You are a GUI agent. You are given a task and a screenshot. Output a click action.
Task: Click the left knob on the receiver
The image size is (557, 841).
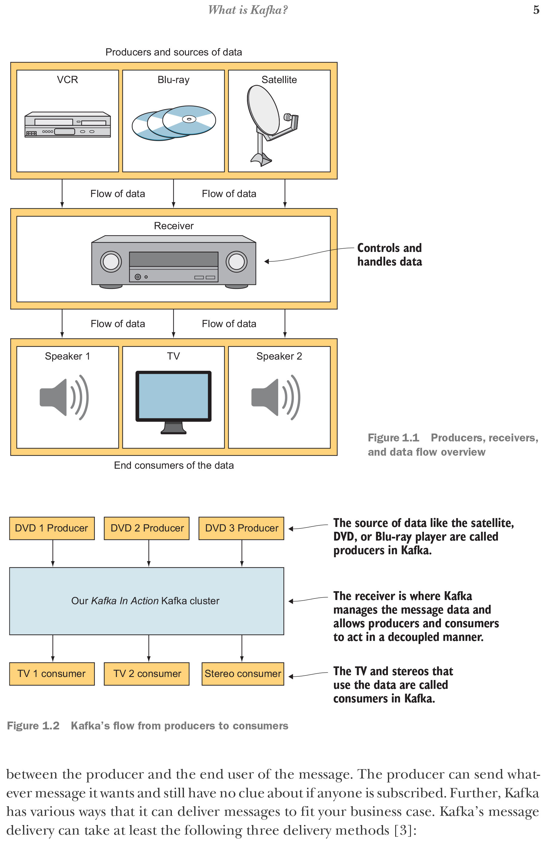[x=111, y=262]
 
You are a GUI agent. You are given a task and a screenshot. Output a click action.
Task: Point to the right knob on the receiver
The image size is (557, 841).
[x=237, y=262]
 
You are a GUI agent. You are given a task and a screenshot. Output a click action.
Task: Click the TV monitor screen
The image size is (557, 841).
[x=173, y=396]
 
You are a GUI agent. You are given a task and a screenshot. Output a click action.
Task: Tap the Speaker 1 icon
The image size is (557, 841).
[x=64, y=397]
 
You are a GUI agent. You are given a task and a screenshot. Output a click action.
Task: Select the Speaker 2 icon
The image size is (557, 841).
[x=276, y=397]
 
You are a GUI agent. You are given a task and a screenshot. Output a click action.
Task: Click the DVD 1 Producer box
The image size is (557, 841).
[x=52, y=528]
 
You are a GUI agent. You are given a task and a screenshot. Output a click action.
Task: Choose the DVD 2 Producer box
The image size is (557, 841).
[x=147, y=528]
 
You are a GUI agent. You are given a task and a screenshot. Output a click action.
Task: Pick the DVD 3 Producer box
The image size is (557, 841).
[x=242, y=528]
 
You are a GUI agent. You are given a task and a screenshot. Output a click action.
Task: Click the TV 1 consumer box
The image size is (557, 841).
[x=52, y=674]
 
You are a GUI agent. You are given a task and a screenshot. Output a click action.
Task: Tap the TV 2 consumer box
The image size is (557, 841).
[x=147, y=674]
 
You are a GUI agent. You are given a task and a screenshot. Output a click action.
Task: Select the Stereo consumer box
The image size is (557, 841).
[x=243, y=674]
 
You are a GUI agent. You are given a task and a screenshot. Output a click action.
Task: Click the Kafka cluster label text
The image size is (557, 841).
[x=145, y=601]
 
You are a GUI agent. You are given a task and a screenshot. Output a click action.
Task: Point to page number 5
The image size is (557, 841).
[x=536, y=10]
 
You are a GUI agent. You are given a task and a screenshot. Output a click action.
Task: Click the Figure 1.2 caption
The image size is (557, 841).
[x=147, y=725]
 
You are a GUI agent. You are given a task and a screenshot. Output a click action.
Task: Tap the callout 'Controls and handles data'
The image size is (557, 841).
[x=390, y=255]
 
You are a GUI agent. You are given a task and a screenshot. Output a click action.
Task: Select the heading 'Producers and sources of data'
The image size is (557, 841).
[x=174, y=52]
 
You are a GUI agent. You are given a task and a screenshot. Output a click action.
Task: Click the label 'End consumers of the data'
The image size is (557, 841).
[x=174, y=465]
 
